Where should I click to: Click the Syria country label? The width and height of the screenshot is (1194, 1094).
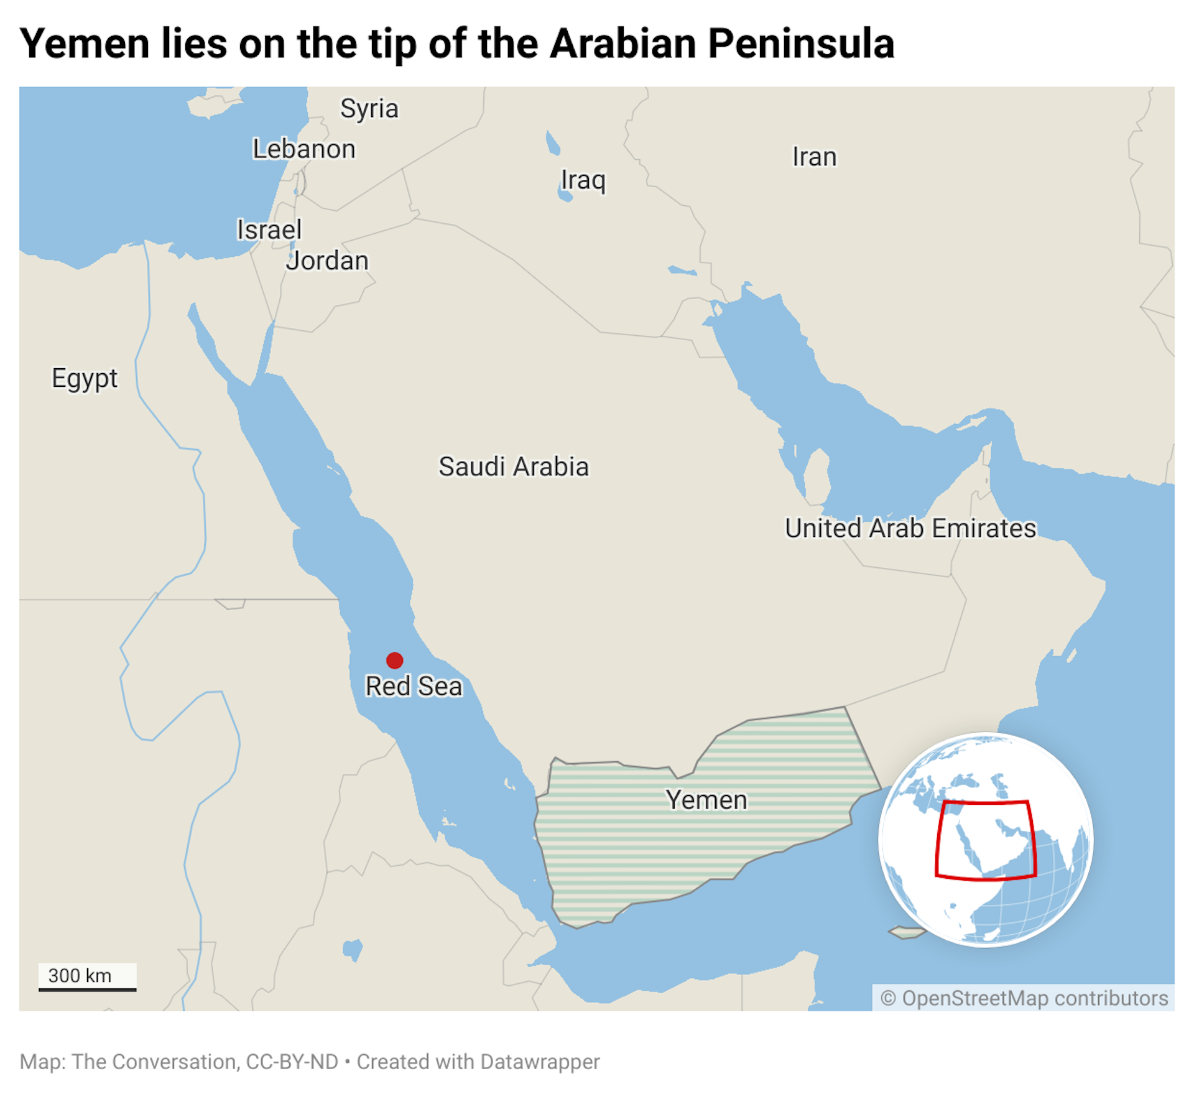click(369, 109)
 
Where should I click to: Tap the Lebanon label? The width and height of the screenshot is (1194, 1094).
click(303, 149)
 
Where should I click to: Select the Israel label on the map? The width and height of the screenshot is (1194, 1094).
click(269, 230)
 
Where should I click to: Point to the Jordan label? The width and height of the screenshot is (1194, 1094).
click(327, 261)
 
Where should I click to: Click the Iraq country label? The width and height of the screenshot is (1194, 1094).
click(583, 180)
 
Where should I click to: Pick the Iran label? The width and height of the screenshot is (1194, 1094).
click(814, 157)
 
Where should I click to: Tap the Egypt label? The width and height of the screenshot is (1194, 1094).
click(85, 378)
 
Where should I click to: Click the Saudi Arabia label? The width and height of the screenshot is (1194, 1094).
click(513, 466)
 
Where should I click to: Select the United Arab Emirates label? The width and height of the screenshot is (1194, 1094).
click(910, 528)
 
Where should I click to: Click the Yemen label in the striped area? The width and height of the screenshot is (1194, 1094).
click(706, 800)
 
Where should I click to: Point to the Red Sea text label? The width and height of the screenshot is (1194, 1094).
click(414, 686)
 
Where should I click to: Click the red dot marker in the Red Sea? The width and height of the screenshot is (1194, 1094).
click(394, 660)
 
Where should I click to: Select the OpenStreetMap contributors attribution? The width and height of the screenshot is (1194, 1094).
click(1024, 998)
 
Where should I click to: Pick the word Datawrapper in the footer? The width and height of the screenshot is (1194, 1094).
click(540, 1062)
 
